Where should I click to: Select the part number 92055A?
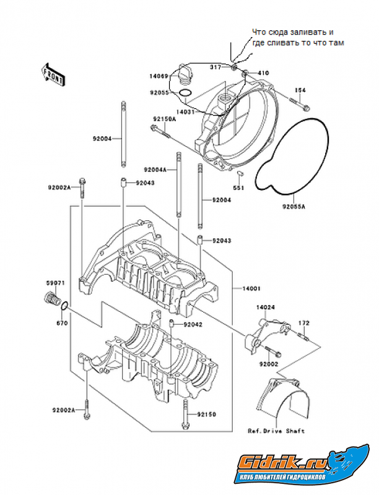295,208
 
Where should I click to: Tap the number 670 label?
62,323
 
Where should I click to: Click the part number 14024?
265,306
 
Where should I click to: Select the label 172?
304,323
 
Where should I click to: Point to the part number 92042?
191,324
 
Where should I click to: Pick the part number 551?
237,188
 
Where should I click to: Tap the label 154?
300,90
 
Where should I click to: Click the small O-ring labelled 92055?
183,94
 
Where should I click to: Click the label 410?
263,73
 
